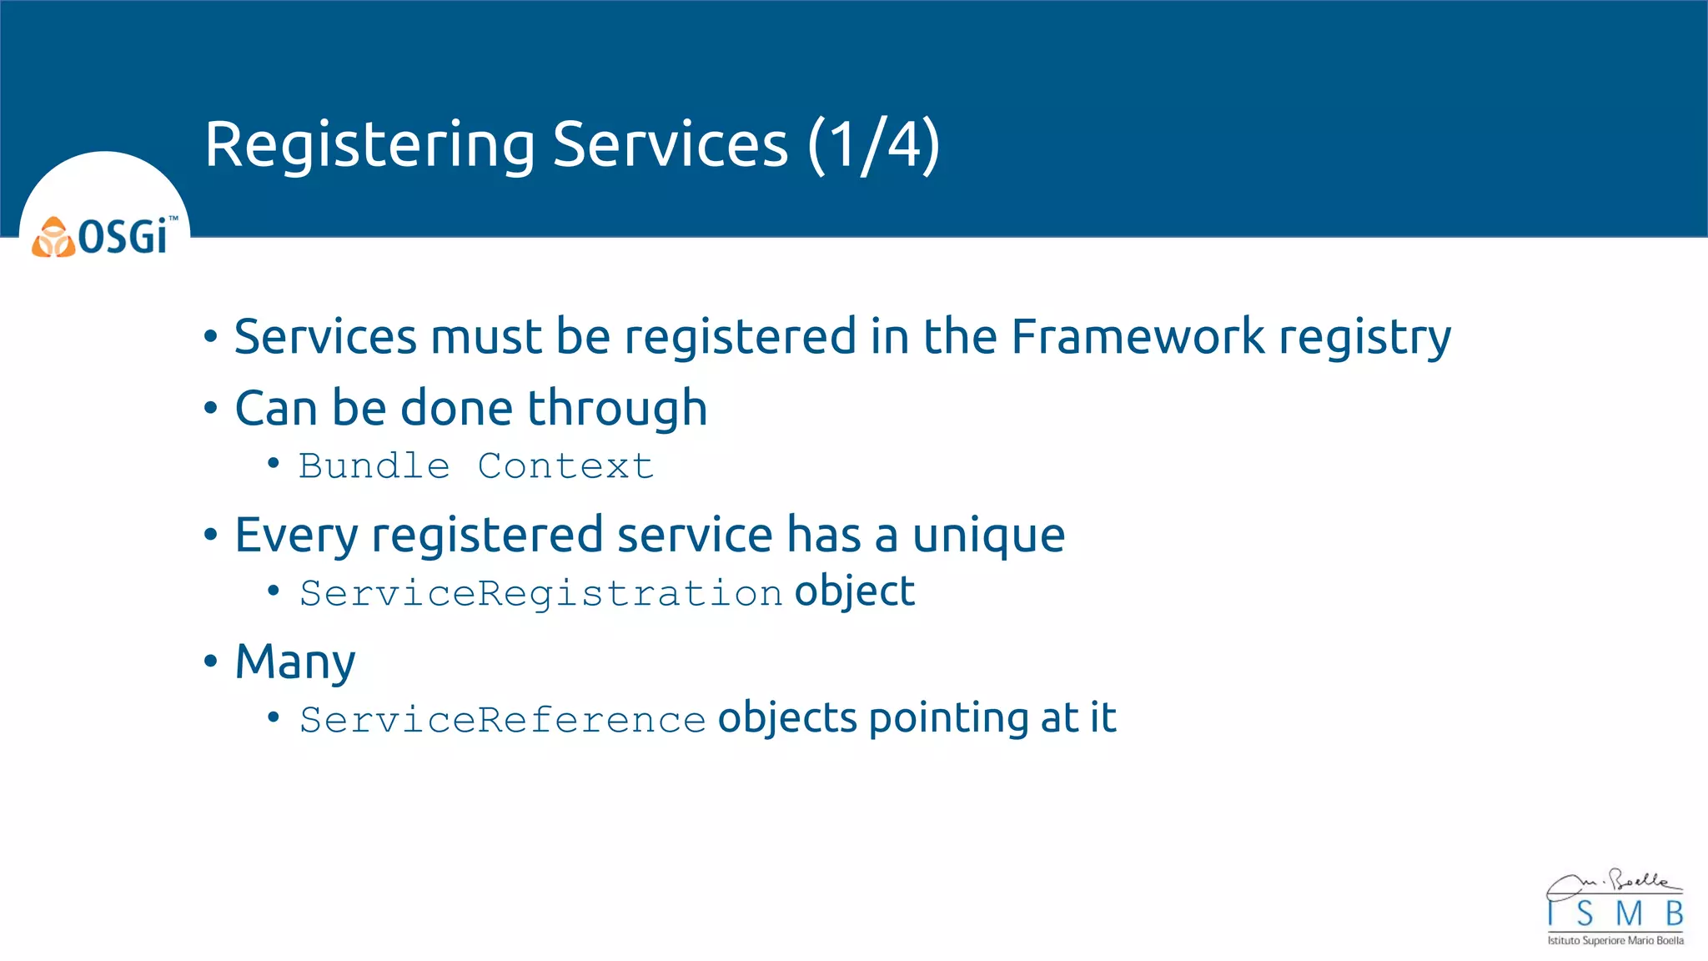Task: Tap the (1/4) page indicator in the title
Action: [x=873, y=145]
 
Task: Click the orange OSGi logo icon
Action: [x=53, y=238]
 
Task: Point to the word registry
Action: [x=1365, y=338]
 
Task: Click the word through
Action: [x=617, y=409]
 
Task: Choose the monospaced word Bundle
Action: [x=374, y=465]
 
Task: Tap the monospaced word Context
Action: [x=565, y=465]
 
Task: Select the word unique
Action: [x=988, y=535]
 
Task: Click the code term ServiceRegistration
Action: [x=541, y=593]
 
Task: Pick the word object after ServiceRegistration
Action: [x=855, y=591]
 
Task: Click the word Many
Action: [x=295, y=662]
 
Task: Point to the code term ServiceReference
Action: [x=503, y=719]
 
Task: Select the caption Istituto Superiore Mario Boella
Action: [x=1615, y=941]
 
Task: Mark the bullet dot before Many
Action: [x=211, y=662]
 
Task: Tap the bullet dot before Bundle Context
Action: [x=274, y=464]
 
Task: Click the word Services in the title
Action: [x=670, y=145]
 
